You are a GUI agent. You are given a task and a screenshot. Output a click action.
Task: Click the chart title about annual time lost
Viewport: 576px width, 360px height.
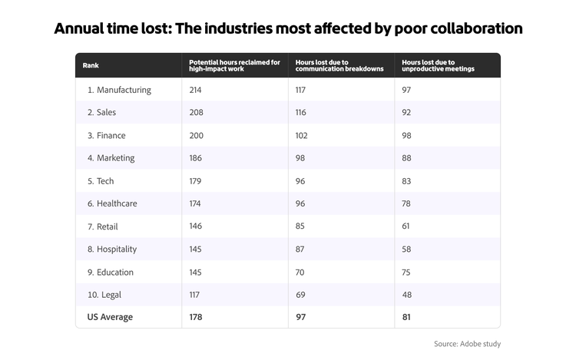point(288,29)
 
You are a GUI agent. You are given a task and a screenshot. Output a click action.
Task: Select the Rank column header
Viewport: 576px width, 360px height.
point(91,66)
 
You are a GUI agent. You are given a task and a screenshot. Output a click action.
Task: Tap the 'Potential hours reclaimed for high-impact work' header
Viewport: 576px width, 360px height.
point(234,66)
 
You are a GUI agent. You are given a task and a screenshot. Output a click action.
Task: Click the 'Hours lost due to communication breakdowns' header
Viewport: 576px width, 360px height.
point(339,66)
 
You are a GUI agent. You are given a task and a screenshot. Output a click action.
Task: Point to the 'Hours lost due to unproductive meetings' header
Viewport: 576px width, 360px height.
point(438,66)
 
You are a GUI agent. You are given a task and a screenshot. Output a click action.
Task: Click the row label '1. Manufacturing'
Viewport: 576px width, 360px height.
point(119,90)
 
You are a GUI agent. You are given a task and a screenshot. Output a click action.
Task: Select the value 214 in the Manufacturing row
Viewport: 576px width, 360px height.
point(197,90)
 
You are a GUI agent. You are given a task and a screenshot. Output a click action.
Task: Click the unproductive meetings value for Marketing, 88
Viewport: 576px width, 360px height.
point(407,158)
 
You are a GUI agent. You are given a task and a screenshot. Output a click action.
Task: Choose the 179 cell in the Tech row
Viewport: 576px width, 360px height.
point(197,181)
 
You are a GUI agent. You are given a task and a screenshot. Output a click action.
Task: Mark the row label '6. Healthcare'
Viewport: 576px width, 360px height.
point(114,204)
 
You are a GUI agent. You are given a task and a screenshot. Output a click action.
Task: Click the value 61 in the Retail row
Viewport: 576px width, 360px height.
point(407,227)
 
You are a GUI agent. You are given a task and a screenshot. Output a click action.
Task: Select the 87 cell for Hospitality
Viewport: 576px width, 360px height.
point(300,249)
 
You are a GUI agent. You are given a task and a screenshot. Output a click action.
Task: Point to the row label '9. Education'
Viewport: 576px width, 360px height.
point(111,272)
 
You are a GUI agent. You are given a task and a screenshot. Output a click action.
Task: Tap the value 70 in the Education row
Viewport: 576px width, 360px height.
point(300,272)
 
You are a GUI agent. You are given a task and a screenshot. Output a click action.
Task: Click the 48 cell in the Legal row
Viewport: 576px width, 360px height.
point(407,295)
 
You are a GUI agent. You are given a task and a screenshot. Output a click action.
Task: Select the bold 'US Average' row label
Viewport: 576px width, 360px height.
point(110,318)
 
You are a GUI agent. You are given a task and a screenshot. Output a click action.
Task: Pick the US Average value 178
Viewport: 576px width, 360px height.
point(197,318)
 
